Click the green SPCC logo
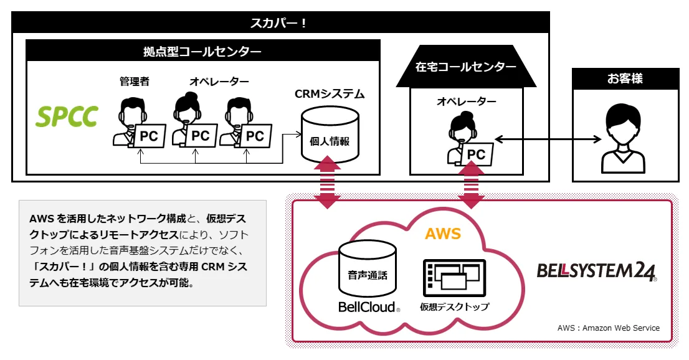pyautogui.click(x=67, y=116)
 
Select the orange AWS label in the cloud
pyautogui.click(x=442, y=234)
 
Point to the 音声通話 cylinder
pyautogui.click(x=368, y=268)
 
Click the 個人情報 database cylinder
pyautogui.click(x=330, y=134)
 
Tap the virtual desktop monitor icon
pyautogui.click(x=454, y=277)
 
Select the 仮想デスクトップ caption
pyautogui.click(x=454, y=307)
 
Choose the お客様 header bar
pyautogui.click(x=625, y=79)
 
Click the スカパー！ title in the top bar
pyautogui.click(x=280, y=24)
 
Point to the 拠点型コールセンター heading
pyautogui.click(x=202, y=51)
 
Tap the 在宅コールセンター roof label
pyautogui.click(x=466, y=67)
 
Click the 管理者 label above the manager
pyautogui.click(x=135, y=82)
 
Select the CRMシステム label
pyautogui.click(x=330, y=95)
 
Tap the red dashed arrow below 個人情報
pyautogui.click(x=327, y=182)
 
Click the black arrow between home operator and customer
pyautogui.click(x=542, y=138)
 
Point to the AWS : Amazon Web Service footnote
pyautogui.click(x=608, y=328)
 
